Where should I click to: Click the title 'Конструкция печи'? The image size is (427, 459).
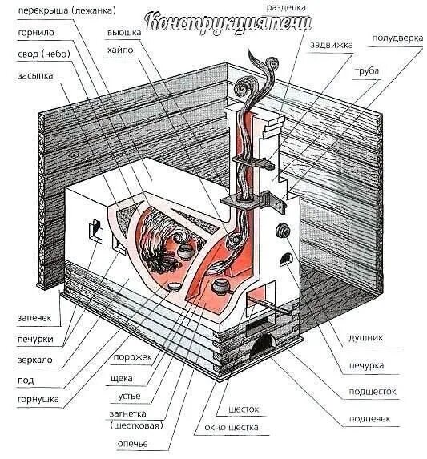pyautogui.click(x=228, y=22)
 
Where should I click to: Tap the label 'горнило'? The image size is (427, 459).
pyautogui.click(x=36, y=33)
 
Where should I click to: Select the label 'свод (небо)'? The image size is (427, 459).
pyautogui.click(x=44, y=54)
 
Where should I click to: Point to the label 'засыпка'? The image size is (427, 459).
pyautogui.click(x=35, y=76)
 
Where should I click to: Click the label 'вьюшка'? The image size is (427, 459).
pyautogui.click(x=124, y=33)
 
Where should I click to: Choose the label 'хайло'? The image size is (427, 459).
pyautogui.click(x=120, y=50)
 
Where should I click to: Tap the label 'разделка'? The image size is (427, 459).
pyautogui.click(x=286, y=8)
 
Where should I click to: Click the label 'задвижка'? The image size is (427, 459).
pyautogui.click(x=332, y=45)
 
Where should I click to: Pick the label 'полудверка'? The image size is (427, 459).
pyautogui.click(x=397, y=38)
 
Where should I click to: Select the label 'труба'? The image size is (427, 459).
pyautogui.click(x=366, y=71)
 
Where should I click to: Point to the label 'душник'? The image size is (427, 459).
pyautogui.click(x=365, y=338)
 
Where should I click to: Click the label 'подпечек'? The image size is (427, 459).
pyautogui.click(x=369, y=419)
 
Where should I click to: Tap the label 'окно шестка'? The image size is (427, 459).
pyautogui.click(x=232, y=428)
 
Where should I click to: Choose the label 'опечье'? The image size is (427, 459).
pyautogui.click(x=132, y=444)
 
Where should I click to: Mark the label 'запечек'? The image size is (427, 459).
pyautogui.click(x=34, y=318)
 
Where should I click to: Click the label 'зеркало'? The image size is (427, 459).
pyautogui.click(x=34, y=360)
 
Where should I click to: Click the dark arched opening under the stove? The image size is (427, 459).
pyautogui.click(x=263, y=345)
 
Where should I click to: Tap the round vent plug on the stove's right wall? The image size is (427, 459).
pyautogui.click(x=283, y=231)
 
